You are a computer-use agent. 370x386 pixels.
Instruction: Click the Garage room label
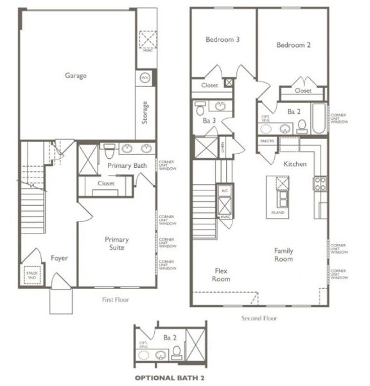pos(75,75)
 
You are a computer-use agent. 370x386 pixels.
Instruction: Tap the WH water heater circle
pos(145,78)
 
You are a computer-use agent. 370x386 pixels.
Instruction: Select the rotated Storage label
pos(146,113)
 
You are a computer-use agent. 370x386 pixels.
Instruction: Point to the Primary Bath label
pos(127,165)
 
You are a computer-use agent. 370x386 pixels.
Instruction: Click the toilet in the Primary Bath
pos(110,151)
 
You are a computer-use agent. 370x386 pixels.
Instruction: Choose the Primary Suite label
pos(118,243)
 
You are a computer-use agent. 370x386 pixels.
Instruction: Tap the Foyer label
pos(60,258)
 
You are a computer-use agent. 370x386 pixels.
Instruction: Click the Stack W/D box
pos(32,275)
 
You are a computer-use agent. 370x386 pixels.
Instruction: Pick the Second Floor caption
pos(259,318)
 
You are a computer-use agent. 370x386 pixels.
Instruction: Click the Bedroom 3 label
pos(222,40)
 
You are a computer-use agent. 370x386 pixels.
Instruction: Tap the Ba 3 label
pos(209,120)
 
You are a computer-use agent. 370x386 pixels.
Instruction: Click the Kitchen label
pos(295,164)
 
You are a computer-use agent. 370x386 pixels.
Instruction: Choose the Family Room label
pos(283,255)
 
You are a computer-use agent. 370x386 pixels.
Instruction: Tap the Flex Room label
pos(221,275)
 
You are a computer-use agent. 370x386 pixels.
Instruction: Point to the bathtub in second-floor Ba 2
pos(318,119)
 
